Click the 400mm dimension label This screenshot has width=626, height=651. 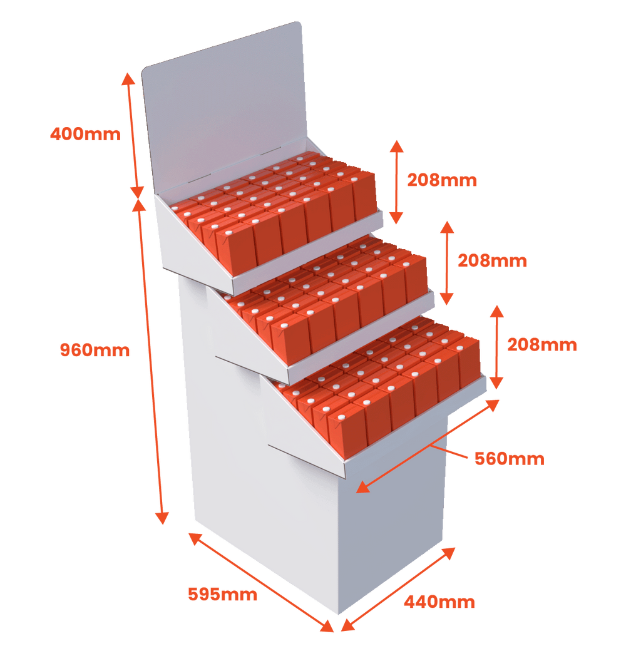tap(85, 133)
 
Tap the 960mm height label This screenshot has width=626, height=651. tap(95, 350)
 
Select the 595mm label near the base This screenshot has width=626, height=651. tap(223, 593)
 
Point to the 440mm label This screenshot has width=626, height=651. tap(439, 602)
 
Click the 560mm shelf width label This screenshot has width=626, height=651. tap(509, 459)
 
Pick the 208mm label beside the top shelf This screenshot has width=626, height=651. tap(442, 180)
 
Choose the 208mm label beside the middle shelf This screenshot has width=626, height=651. tap(492, 260)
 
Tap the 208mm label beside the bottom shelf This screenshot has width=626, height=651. tap(542, 345)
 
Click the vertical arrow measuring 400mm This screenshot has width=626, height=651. tap(133, 135)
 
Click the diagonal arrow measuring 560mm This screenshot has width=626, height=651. tap(429, 445)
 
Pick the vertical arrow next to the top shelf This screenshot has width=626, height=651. tap(396, 182)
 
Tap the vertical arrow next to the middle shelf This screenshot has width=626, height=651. tap(446, 262)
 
